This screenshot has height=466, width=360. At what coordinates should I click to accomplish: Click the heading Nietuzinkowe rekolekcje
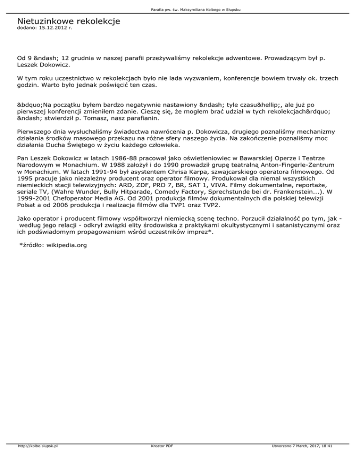[68, 21]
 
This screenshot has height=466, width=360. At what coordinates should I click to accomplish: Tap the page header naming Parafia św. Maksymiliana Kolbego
[180, 10]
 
